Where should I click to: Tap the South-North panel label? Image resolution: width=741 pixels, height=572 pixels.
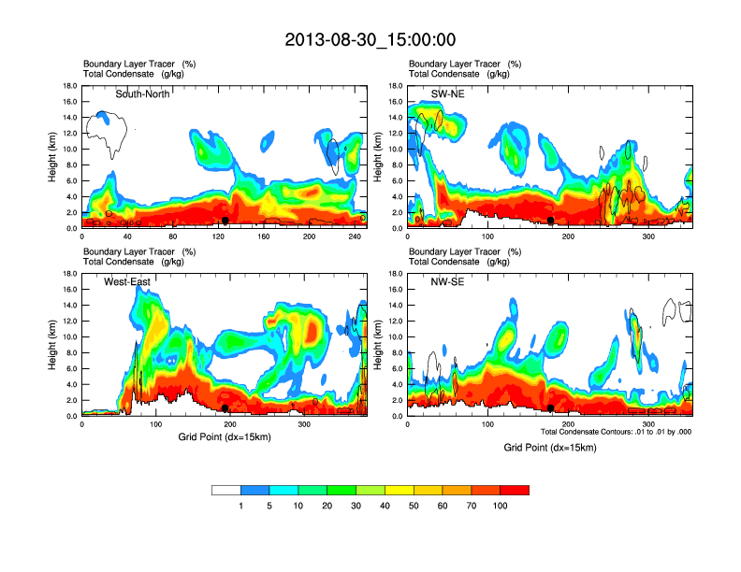click(x=142, y=93)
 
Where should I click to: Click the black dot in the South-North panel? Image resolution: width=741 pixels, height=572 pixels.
click(x=225, y=221)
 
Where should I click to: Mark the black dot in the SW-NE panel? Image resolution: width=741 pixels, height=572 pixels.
click(x=551, y=221)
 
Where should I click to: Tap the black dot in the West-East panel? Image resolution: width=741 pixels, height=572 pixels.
click(x=225, y=408)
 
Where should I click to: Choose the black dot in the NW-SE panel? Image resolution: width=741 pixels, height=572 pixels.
click(x=551, y=408)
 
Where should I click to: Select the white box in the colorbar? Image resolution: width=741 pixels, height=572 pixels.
click(x=226, y=490)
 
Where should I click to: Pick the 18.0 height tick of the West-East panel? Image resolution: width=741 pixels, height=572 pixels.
click(x=68, y=273)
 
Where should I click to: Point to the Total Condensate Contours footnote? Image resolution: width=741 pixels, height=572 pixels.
click(x=616, y=432)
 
